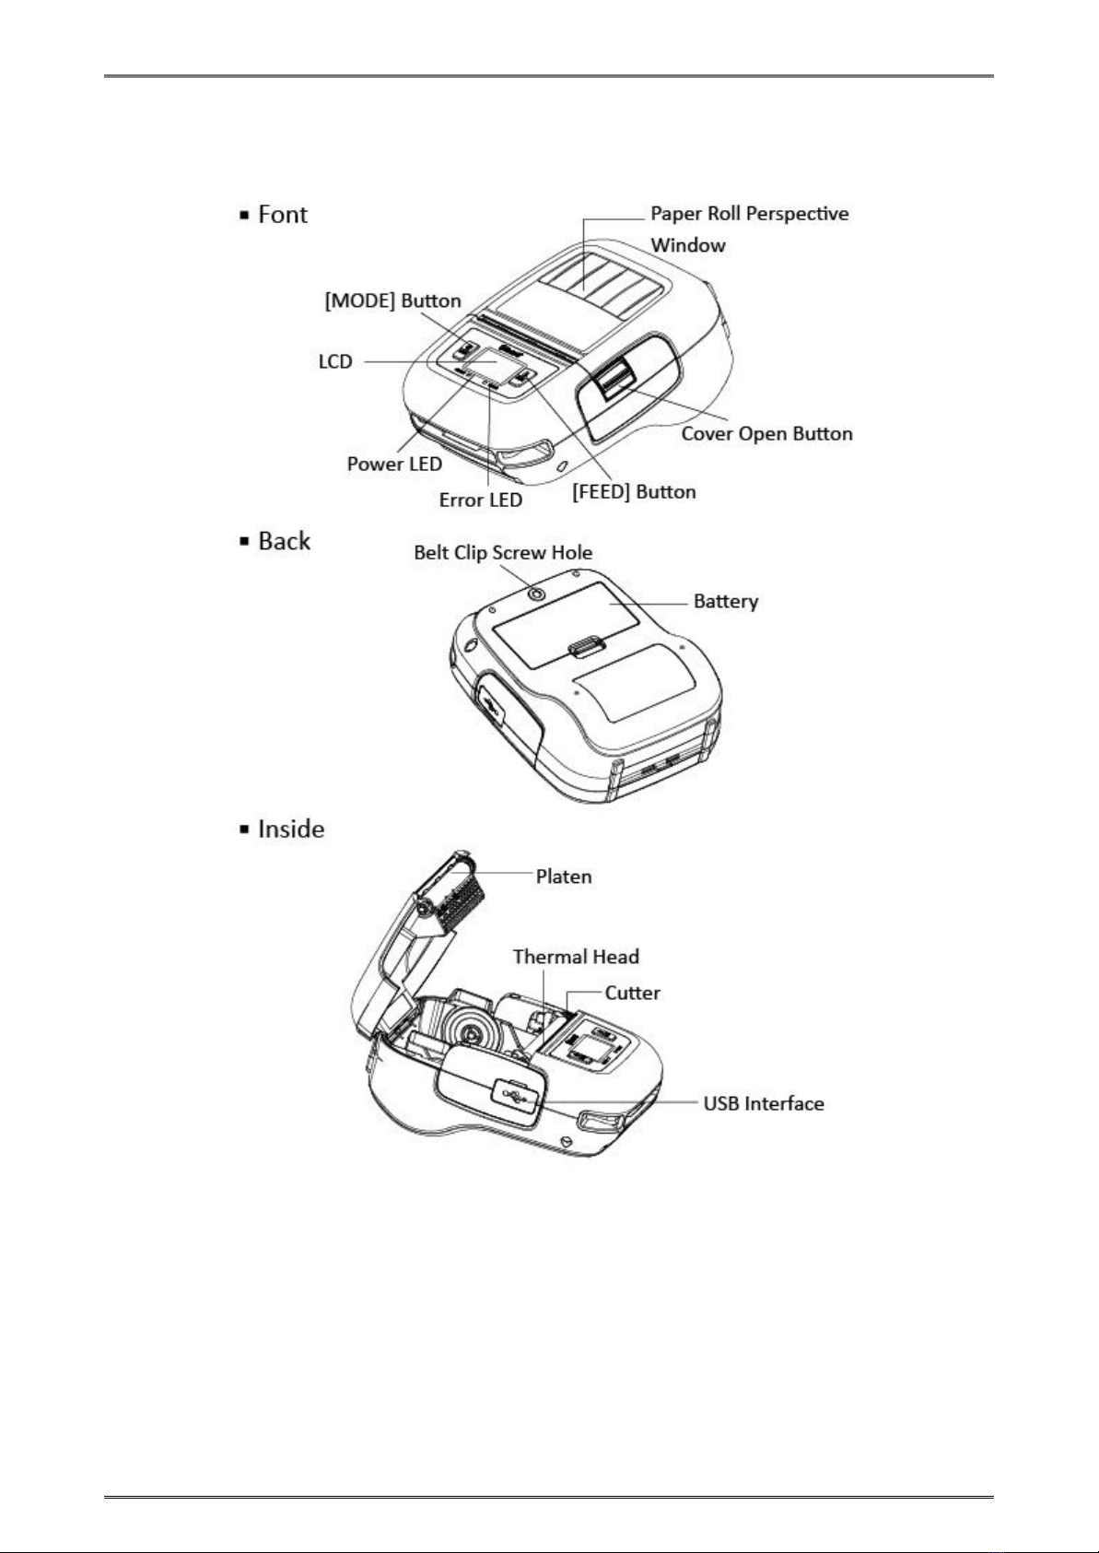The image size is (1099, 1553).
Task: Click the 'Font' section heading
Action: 282,215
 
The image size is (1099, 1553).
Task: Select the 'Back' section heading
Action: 284,541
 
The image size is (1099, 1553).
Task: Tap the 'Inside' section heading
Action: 290,829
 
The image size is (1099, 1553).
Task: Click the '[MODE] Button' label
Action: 393,301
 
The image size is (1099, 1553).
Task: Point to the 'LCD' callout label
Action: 335,361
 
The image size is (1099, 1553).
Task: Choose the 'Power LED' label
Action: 394,464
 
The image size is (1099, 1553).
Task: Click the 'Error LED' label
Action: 481,500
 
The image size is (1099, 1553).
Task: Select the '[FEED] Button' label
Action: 634,492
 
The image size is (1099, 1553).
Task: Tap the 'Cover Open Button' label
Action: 766,433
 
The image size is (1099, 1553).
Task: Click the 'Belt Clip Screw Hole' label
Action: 503,553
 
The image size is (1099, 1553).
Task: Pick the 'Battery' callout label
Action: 726,602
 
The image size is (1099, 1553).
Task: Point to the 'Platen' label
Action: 564,876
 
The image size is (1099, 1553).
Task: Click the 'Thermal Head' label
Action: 576,957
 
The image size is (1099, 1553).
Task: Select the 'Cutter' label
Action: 632,993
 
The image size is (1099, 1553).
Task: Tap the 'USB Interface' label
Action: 764,1103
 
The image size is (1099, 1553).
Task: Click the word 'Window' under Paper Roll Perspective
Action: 688,245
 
